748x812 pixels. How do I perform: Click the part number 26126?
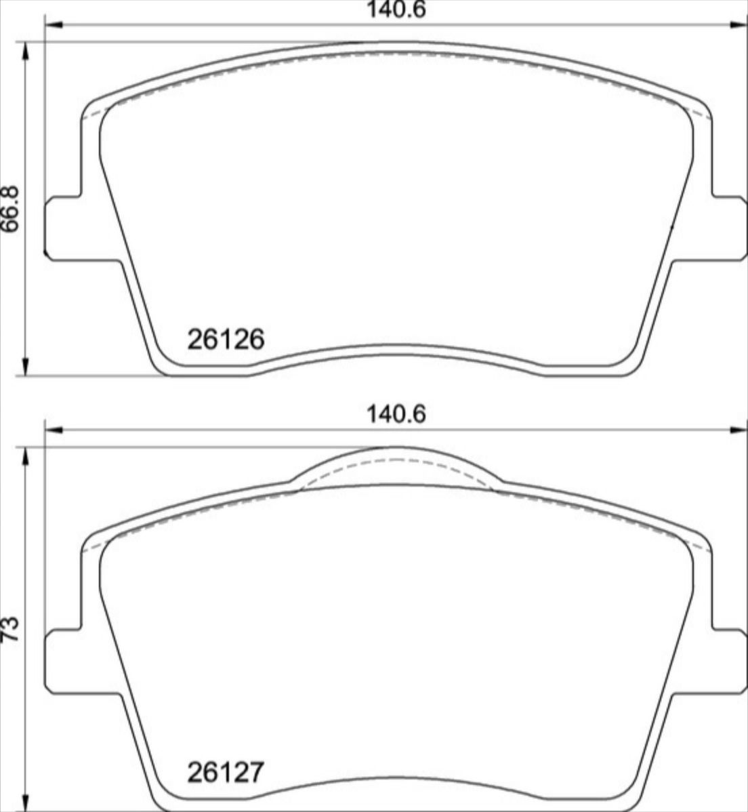(226, 340)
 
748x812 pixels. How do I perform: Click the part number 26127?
(226, 772)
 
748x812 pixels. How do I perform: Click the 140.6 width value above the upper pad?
(396, 10)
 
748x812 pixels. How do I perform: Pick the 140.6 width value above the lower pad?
(396, 414)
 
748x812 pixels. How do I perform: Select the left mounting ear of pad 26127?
(63, 661)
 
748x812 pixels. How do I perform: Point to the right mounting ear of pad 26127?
(729, 661)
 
